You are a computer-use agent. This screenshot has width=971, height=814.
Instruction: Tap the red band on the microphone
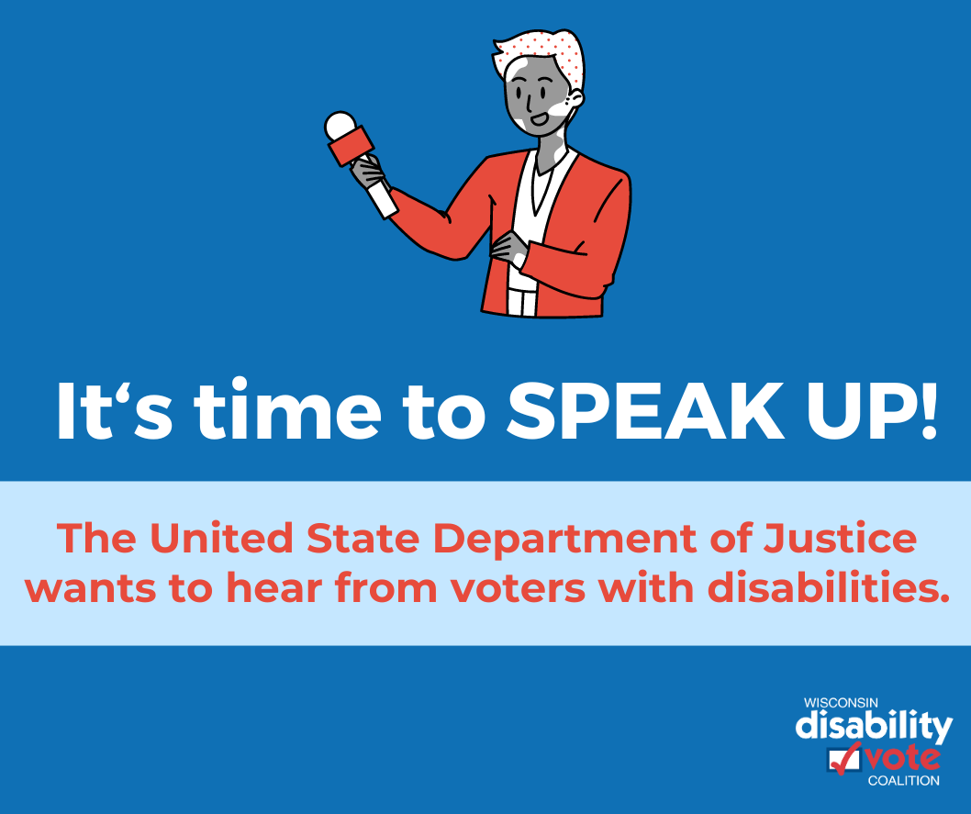coord(352,146)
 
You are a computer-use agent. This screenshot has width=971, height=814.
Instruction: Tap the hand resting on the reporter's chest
coord(508,246)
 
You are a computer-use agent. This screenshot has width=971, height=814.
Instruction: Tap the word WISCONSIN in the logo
coord(841,703)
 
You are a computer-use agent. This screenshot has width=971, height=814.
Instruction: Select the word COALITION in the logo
coord(903,781)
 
